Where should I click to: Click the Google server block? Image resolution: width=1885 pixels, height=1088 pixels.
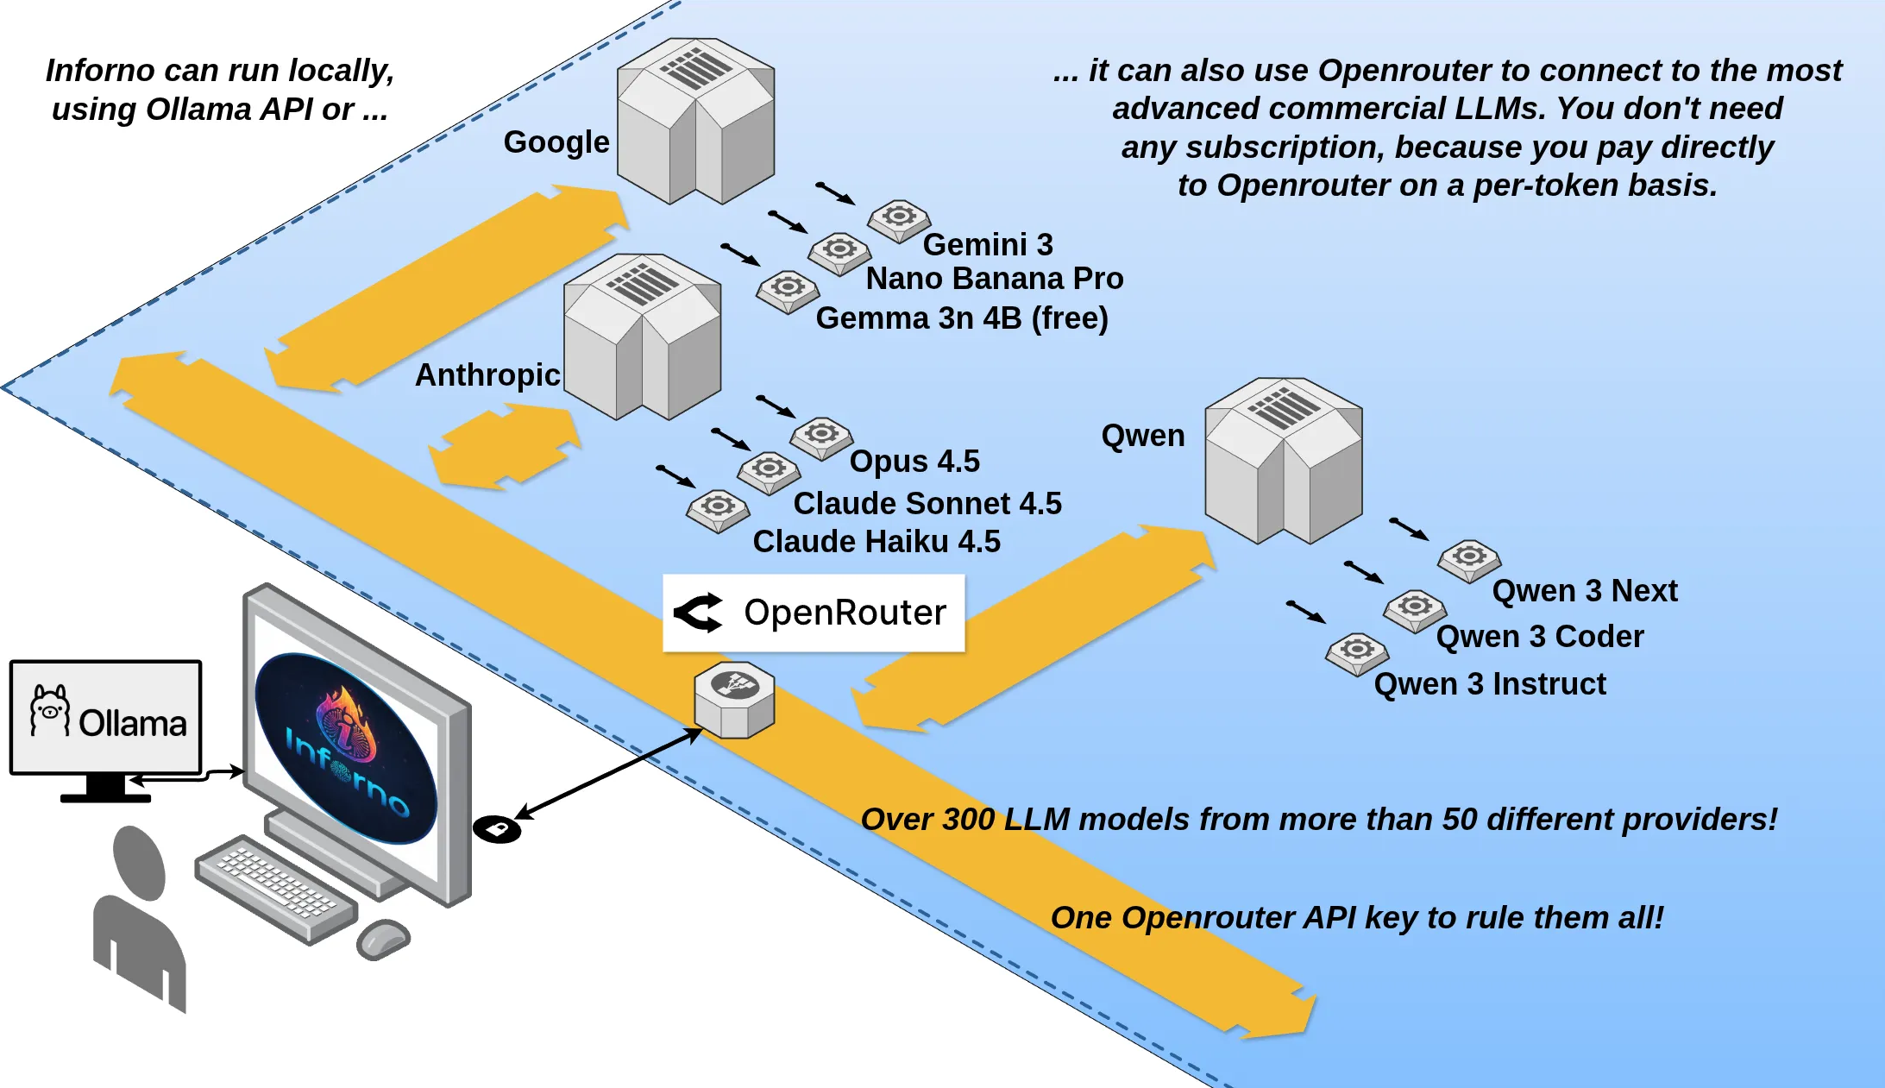pos(695,121)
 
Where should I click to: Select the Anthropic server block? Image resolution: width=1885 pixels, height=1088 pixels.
pos(642,336)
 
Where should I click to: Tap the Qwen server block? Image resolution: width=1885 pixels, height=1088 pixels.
pos(1283,460)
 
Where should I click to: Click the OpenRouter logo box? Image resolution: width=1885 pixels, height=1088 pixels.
pos(813,613)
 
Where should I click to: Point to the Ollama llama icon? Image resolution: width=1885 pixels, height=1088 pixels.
pos(49,711)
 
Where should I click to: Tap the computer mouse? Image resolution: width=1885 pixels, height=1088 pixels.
pos(383,939)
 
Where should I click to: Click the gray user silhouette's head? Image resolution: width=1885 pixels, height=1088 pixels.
pos(140,861)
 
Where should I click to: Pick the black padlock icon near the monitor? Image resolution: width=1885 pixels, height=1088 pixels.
pos(497,829)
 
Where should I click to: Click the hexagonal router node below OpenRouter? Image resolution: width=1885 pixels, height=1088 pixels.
pos(734,700)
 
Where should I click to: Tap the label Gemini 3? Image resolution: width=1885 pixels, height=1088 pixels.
pos(988,245)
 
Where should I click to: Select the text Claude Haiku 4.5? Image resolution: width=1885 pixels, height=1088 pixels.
pos(876,542)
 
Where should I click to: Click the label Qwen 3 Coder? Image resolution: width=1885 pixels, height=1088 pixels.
pos(1540,637)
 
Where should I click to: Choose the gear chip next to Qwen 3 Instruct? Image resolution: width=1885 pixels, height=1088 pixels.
pos(1356,653)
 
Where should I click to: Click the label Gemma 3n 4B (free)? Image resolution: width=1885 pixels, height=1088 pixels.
pos(961,318)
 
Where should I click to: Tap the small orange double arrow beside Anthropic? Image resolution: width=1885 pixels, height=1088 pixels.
pos(505,449)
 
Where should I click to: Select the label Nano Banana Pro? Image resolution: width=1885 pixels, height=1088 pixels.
pos(994,279)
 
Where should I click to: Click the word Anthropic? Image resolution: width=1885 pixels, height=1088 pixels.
pos(487,375)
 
